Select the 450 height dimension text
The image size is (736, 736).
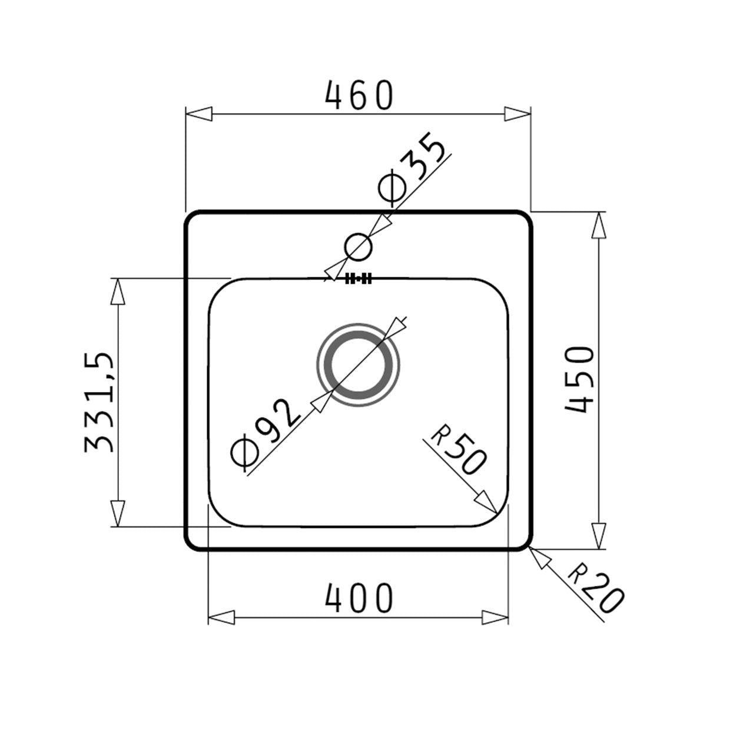click(x=579, y=380)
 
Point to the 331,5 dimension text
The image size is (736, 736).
click(x=98, y=403)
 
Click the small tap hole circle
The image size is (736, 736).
click(x=358, y=247)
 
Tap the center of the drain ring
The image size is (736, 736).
click(x=358, y=364)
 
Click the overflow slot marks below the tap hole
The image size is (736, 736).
click(x=358, y=279)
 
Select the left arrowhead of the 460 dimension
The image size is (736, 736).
click(x=198, y=114)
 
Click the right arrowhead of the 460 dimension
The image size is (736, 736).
click(x=518, y=114)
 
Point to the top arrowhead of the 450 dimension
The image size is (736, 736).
click(x=598, y=225)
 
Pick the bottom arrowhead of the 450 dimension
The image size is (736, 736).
click(x=598, y=536)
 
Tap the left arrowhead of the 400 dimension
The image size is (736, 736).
click(x=222, y=618)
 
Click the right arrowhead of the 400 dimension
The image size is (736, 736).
click(x=495, y=618)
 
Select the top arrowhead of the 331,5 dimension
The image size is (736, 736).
click(x=118, y=291)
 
